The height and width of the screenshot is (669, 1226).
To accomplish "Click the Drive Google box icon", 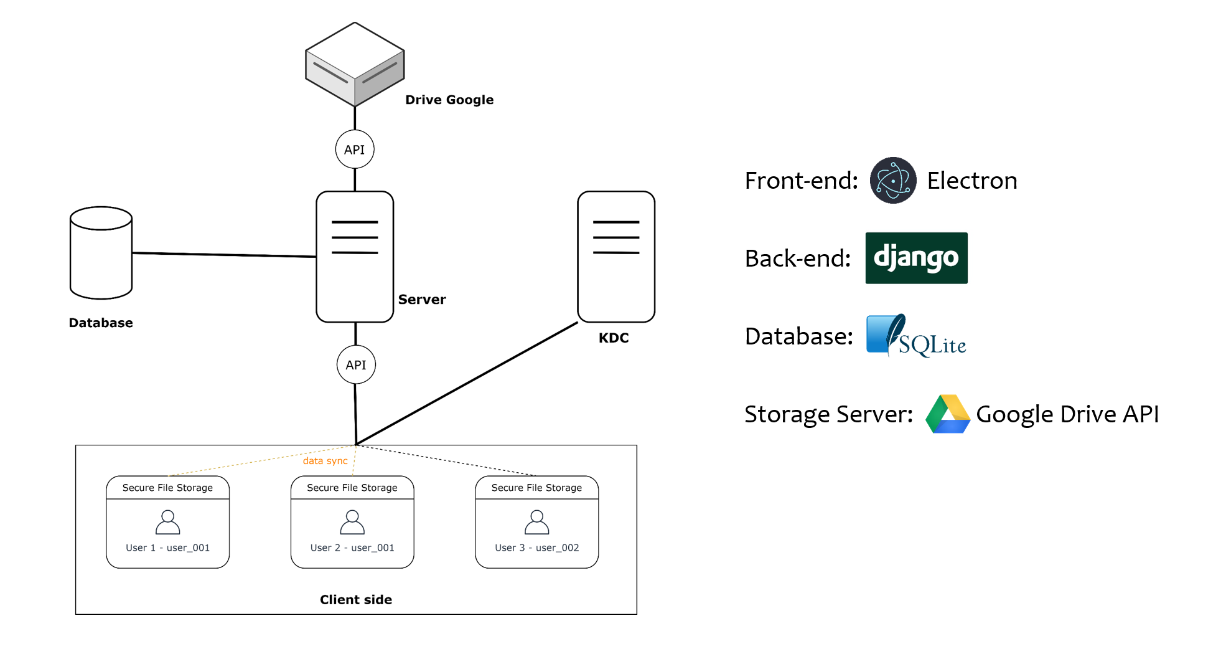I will tap(355, 65).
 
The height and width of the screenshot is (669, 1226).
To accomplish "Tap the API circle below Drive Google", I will tap(355, 149).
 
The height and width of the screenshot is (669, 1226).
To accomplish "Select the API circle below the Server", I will tap(356, 365).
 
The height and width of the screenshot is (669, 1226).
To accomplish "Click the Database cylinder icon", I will tap(101, 253).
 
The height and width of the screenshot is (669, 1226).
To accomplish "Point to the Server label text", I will tap(422, 300).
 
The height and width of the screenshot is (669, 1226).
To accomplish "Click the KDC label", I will tap(614, 338).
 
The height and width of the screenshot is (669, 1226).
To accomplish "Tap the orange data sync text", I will tap(325, 461).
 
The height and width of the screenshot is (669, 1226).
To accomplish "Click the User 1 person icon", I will tap(167, 522).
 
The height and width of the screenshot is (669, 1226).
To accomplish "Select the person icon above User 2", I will tap(352, 522).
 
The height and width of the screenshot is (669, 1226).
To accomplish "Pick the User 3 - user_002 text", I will tap(536, 548).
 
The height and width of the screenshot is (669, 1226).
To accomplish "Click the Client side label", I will tap(356, 600).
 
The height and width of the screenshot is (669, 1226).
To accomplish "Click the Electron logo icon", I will tap(893, 181).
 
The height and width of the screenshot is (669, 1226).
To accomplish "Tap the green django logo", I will tap(916, 258).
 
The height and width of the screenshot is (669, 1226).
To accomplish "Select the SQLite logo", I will tap(916, 336).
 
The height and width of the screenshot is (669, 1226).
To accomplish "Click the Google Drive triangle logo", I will tap(947, 414).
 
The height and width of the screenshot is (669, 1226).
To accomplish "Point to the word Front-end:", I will tap(802, 181).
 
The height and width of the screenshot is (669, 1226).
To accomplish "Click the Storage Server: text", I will tap(828, 414).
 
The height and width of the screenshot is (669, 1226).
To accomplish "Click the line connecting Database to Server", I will tap(224, 255).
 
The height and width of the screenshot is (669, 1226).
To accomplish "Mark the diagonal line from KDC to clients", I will tap(467, 383).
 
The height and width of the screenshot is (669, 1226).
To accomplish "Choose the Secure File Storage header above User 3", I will tap(536, 488).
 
